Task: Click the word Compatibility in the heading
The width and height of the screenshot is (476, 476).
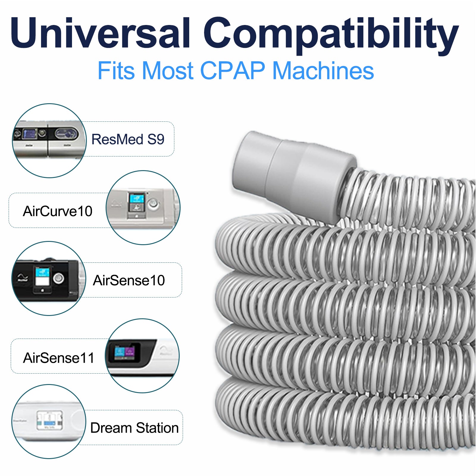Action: pos(331,35)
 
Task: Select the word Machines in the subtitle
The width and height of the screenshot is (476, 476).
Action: pos(323,71)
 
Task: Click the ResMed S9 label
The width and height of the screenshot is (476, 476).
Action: pos(128,139)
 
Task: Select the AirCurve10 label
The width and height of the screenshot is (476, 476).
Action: pos(58,211)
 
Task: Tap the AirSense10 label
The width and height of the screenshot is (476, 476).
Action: pos(129,280)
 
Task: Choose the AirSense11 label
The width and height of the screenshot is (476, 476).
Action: pos(59,358)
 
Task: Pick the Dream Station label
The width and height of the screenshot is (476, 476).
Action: pos(134,428)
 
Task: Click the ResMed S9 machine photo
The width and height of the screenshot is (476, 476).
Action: pos(49,141)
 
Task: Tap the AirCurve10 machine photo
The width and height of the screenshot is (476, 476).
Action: pos(143,208)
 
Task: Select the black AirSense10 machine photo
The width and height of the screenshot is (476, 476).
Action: pos(49,278)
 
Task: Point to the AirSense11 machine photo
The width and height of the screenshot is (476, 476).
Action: pos(142,356)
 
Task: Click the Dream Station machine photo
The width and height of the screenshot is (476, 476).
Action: pos(49,422)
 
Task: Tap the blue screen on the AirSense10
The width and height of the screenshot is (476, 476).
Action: pos(42,272)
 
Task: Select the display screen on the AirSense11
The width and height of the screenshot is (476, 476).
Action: pos(125,352)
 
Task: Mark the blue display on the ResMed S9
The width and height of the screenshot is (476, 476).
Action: pos(30,134)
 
